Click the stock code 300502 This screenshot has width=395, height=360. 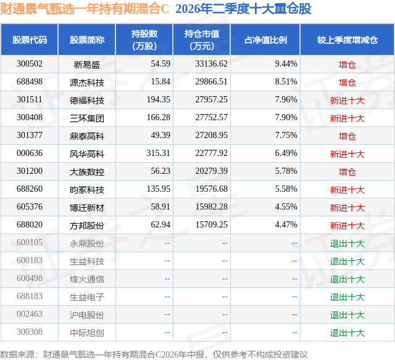click(x=30, y=64)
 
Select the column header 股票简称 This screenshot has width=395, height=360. click(x=87, y=39)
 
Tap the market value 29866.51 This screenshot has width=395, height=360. click(x=211, y=82)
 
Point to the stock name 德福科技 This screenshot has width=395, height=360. click(x=87, y=100)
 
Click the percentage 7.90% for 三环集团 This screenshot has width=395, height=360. click(x=286, y=118)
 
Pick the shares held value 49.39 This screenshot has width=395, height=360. click(x=160, y=136)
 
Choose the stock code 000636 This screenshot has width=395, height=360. click(x=30, y=153)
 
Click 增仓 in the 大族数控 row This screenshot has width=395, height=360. click(x=347, y=172)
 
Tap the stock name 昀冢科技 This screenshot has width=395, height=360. click(x=87, y=190)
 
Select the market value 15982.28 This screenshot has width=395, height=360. click(x=211, y=207)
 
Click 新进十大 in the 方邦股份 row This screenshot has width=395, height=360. click(x=347, y=226)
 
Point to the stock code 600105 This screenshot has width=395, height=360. click(x=30, y=242)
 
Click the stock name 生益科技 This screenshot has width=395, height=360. click(x=87, y=261)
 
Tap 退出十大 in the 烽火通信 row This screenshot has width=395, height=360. click(x=347, y=279)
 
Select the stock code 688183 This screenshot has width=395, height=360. click(x=30, y=296)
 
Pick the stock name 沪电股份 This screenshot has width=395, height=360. click(x=87, y=315)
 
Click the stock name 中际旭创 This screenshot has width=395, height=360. click(x=87, y=333)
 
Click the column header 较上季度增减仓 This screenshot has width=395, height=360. click(x=347, y=39)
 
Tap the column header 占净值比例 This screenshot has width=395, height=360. click(x=265, y=39)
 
